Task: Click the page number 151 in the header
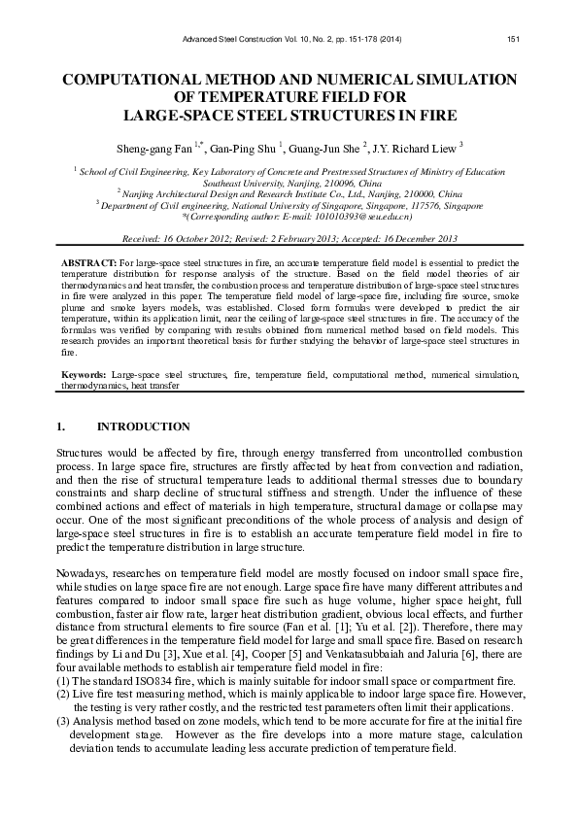(515, 39)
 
